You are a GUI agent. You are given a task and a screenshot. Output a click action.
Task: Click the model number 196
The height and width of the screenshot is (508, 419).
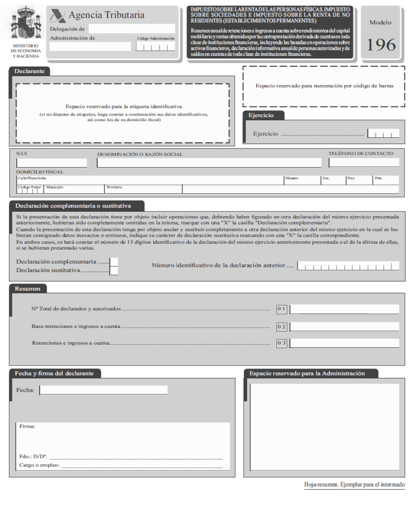[x=381, y=44]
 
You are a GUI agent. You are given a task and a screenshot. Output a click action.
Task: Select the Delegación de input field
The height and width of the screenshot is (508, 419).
[x=132, y=29]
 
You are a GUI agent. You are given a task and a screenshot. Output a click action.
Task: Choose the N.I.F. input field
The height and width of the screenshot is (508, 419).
[x=51, y=163]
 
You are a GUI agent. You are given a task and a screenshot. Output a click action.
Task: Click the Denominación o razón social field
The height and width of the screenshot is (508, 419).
[x=209, y=163]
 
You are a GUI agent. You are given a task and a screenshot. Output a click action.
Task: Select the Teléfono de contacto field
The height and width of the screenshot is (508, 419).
[x=364, y=163]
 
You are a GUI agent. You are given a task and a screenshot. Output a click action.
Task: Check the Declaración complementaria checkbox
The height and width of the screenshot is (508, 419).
[x=114, y=262]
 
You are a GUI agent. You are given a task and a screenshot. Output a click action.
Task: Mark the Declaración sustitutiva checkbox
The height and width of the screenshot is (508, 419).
[x=114, y=270]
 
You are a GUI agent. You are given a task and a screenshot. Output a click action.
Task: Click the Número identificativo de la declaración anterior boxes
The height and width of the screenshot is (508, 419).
[x=348, y=266]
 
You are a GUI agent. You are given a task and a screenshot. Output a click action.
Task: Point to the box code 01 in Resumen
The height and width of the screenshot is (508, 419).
[x=282, y=309]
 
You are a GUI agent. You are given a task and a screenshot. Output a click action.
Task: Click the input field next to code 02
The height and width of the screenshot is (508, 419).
[x=344, y=326]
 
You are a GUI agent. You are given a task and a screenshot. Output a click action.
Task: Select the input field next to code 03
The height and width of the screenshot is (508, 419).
[x=344, y=344]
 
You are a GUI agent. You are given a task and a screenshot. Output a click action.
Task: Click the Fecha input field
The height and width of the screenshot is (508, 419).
[x=103, y=390]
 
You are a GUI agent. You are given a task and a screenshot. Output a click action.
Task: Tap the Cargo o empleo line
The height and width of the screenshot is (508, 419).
[x=142, y=465]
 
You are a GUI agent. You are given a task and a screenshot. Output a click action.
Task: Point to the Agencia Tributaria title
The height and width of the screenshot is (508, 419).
[x=106, y=15]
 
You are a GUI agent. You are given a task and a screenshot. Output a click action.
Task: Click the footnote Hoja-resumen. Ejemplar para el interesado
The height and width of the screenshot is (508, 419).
[x=354, y=485]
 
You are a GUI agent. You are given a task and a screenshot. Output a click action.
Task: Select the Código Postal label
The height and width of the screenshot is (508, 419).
[x=29, y=186]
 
